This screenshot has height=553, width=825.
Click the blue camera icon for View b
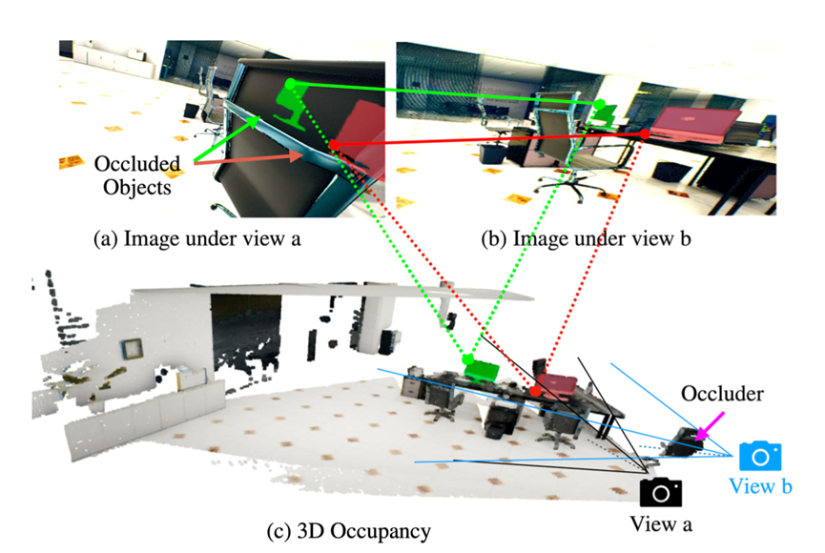click(x=760, y=455)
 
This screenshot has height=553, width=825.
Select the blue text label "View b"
click(x=760, y=485)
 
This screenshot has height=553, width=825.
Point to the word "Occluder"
click(x=712, y=394)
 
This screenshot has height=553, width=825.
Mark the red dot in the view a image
click(x=334, y=145)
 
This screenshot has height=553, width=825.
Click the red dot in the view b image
click(x=645, y=134)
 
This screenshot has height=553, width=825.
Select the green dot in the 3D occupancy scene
click(x=467, y=359)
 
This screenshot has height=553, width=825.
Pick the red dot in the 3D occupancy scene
click(x=536, y=391)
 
